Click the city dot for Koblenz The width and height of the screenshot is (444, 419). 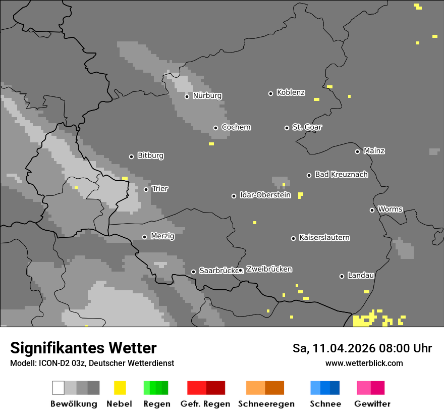[x=271, y=93]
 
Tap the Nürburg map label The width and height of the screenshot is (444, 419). [x=207, y=96]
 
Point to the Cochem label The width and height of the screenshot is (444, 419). [x=236, y=127]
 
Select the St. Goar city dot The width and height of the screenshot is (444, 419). [x=287, y=128]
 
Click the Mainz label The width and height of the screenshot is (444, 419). [x=374, y=151]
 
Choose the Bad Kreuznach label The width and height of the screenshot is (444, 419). [x=341, y=175]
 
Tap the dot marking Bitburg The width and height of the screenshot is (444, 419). [x=132, y=156]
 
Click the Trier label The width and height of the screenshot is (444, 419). [x=160, y=189]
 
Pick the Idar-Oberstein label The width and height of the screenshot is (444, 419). [x=265, y=195]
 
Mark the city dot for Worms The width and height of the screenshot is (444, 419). [x=372, y=210]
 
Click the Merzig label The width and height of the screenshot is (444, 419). [x=162, y=236]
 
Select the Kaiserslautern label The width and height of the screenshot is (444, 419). [x=324, y=238]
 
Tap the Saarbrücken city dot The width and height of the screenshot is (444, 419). [x=193, y=272]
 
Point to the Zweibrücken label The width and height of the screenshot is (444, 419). [x=269, y=270]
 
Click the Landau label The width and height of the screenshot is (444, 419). [x=361, y=276]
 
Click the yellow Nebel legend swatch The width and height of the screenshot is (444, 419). [x=120, y=388]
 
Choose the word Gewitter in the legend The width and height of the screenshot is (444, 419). [x=372, y=404]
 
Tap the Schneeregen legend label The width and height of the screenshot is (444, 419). [x=266, y=404]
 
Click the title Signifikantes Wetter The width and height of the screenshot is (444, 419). [x=83, y=348]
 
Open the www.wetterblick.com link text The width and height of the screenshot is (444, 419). [x=364, y=363]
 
